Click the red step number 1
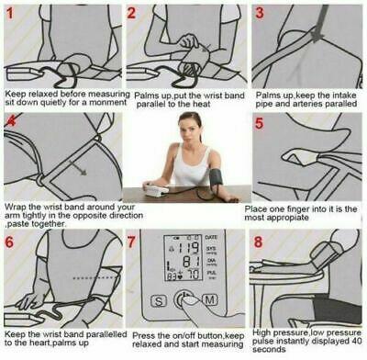12,14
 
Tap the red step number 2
134,14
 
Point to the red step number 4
11,125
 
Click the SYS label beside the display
216,248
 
